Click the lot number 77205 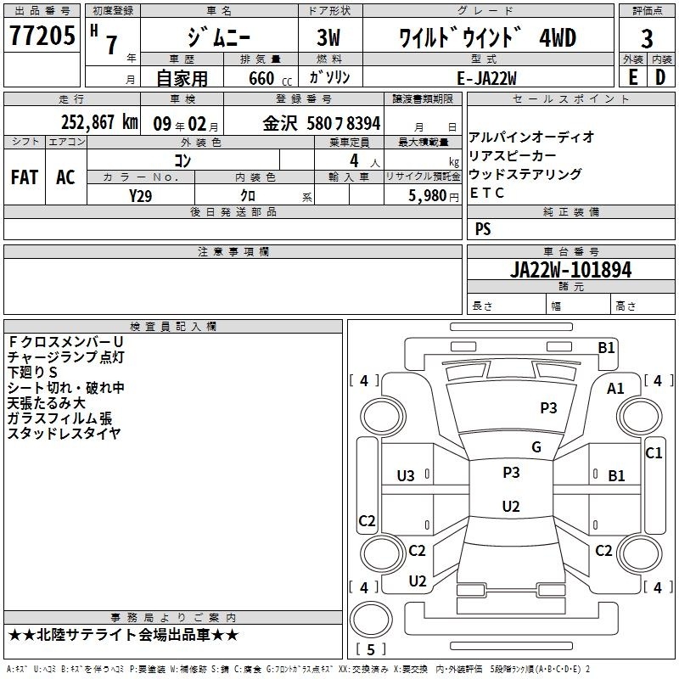42,35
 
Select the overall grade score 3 647,38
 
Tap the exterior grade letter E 632,77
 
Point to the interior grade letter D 660,77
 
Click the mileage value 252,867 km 99,122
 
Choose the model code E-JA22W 486,78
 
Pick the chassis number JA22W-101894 570,270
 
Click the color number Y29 140,196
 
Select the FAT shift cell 25,177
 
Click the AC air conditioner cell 65,177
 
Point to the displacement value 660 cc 270,78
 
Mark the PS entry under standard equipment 483,228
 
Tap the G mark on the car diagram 536,447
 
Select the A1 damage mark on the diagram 615,389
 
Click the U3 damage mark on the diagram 406,476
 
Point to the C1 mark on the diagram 654,453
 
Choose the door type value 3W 328,37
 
